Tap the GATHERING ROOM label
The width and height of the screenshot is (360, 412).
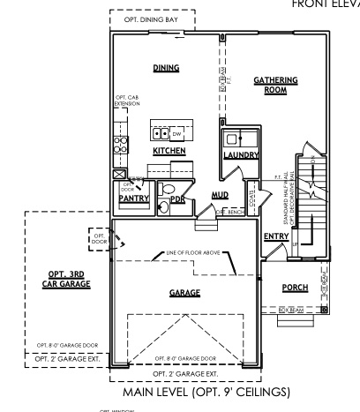point(275,85)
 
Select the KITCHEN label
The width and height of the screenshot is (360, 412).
point(168,151)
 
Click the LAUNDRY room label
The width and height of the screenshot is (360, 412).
point(240,155)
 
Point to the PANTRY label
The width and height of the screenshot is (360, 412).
point(132,199)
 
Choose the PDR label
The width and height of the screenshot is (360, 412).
point(176,199)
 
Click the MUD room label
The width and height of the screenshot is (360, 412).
point(221,195)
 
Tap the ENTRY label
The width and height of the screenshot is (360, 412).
point(276,236)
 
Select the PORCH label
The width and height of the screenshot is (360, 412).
point(295,288)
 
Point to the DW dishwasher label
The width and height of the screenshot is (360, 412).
point(177,134)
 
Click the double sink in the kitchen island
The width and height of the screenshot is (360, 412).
point(161,134)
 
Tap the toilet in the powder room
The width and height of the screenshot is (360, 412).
point(163,207)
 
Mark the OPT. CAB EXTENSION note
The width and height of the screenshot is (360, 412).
point(127,101)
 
